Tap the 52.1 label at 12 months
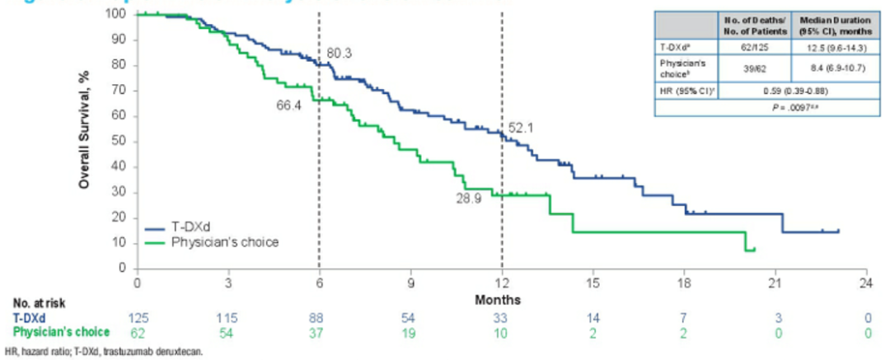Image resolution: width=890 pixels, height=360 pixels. pos(525,127)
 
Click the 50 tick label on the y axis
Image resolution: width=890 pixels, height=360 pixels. pos(120,142)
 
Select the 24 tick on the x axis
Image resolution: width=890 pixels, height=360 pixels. pos(865,283)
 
